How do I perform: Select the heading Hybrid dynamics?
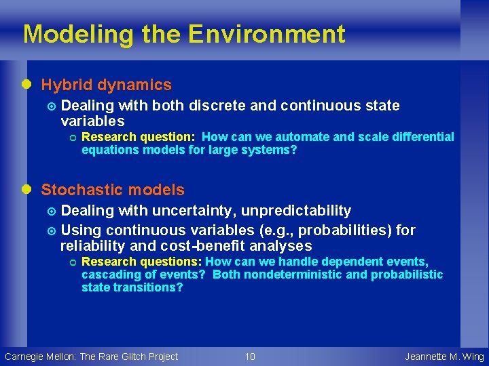click(107, 85)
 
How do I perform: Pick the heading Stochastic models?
click(113, 190)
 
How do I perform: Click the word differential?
click(417, 137)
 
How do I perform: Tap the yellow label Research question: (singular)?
click(139, 137)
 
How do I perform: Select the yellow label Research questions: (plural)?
click(141, 262)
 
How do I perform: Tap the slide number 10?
click(250, 357)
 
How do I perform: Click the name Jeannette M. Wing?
click(444, 357)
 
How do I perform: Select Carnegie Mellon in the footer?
click(40, 357)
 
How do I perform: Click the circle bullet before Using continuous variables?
click(52, 231)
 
